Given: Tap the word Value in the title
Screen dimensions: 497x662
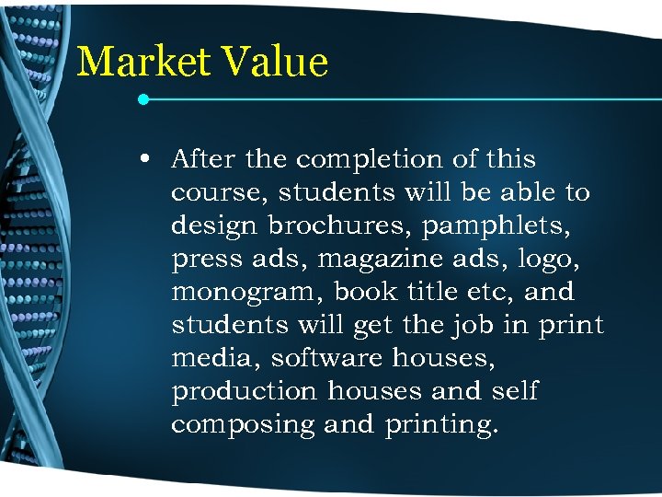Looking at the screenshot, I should point(275,63).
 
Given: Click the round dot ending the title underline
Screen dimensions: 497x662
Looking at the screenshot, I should point(143,98).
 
